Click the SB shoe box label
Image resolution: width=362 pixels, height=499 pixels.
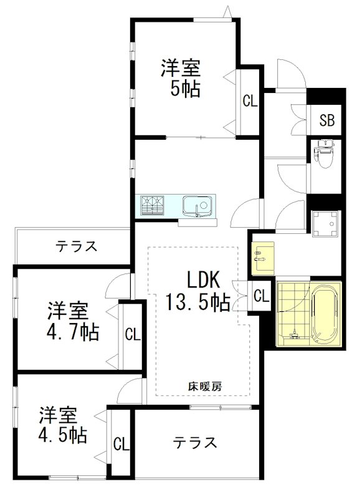(327, 120)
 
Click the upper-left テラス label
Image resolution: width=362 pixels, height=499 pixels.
(76, 246)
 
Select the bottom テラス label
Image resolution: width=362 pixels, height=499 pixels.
(195, 442)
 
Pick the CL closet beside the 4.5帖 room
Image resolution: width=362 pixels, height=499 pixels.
(121, 444)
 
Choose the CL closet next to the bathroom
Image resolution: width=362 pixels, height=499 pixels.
(261, 296)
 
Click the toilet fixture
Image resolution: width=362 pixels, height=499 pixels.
(325, 155)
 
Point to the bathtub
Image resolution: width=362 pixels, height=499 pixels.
(325, 315)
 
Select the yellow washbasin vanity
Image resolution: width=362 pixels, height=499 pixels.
(262, 257)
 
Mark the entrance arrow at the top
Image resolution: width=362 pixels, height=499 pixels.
(229, 12)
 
